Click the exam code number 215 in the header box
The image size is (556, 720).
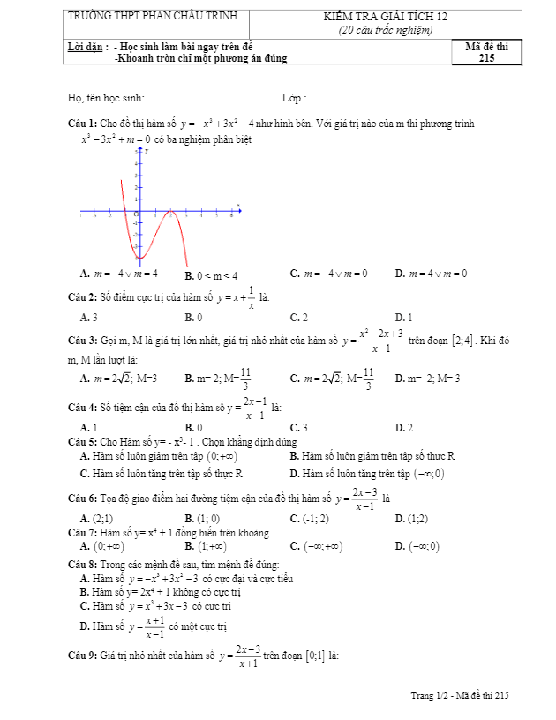tap(486, 58)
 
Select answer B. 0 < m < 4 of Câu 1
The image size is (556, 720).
tap(212, 275)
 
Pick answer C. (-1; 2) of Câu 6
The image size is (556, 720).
tap(309, 519)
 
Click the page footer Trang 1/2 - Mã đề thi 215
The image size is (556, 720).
tap(460, 696)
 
